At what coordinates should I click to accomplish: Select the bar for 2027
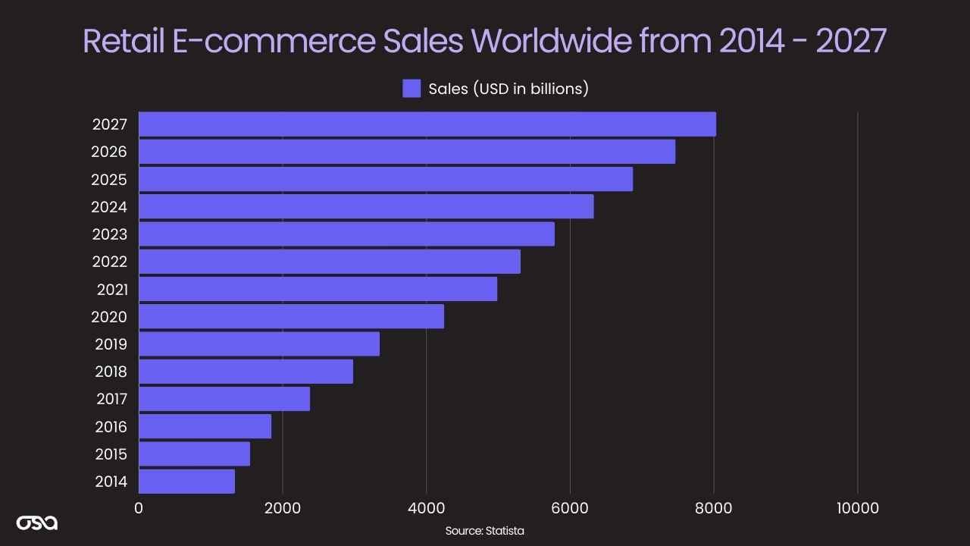[x=427, y=124]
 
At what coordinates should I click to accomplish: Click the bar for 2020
[x=292, y=316]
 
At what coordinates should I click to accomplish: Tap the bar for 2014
[x=187, y=482]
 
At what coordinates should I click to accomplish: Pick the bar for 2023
[x=347, y=234]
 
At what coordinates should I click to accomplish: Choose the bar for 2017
[x=224, y=399]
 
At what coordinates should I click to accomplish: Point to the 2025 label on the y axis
[x=109, y=180]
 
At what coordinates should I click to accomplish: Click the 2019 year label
[x=111, y=344]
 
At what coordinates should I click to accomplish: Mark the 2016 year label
[x=111, y=427]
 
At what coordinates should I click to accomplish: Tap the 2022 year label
[x=110, y=262]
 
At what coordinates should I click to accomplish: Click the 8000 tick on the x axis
[x=713, y=508]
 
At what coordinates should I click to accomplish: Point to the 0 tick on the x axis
[x=139, y=508]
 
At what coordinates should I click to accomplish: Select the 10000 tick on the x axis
[x=857, y=508]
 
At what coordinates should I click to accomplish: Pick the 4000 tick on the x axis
[x=427, y=508]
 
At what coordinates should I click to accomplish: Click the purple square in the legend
[x=411, y=89]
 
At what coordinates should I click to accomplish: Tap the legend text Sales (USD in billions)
[x=508, y=89]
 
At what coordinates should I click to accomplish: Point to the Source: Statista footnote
[x=484, y=531]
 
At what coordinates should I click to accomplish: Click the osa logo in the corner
[x=37, y=522]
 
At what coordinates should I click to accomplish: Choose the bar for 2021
[x=318, y=289]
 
